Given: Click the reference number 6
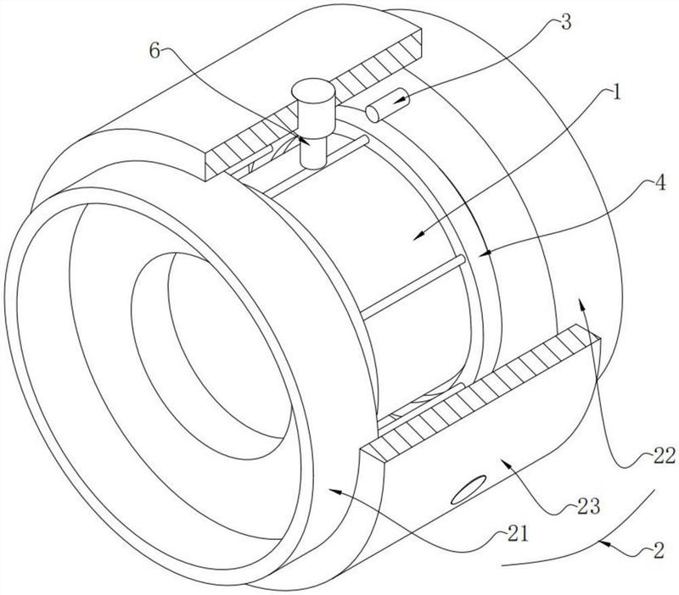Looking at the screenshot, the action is click(154, 51).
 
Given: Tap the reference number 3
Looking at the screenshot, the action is click(565, 22).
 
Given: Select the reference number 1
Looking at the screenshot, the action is click(616, 92).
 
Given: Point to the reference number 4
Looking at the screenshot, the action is click(659, 183).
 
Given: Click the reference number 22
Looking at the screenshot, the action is click(664, 456).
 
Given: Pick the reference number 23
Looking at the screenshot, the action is click(587, 505).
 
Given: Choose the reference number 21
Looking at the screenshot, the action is click(517, 535).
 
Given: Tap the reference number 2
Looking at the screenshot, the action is click(659, 551).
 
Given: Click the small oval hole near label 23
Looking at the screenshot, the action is click(469, 489).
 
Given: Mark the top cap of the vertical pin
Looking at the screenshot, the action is click(313, 90).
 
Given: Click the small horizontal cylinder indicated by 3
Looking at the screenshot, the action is click(387, 105).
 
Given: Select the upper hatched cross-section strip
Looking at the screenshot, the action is click(313, 104).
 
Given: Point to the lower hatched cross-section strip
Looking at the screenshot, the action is click(480, 392).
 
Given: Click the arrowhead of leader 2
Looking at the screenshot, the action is click(603, 542).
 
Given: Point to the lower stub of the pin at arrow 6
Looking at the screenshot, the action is click(313, 154).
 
